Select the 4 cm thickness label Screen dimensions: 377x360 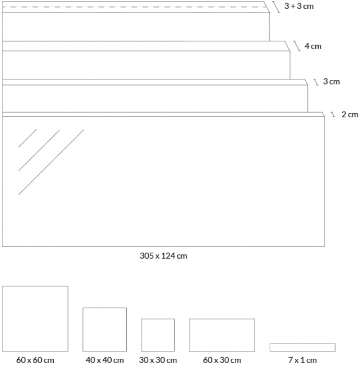pyautogui.click(x=313, y=46)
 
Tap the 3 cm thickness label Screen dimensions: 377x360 pyautogui.click(x=331, y=81)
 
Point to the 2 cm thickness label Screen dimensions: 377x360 pyautogui.click(x=350, y=114)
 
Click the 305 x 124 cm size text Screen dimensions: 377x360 pyautogui.click(x=163, y=256)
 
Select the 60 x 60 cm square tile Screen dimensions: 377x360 pyautogui.click(x=35, y=319)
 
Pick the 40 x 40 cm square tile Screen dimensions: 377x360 pyautogui.click(x=104, y=329)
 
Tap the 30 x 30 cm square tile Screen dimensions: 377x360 pyautogui.click(x=158, y=335)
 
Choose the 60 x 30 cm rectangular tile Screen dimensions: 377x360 pyautogui.click(x=222, y=335)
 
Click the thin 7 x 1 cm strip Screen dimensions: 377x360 pyautogui.click(x=303, y=347)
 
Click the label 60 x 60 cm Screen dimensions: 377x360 pyautogui.click(x=35, y=360)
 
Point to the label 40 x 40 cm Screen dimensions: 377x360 pyautogui.click(x=105, y=360)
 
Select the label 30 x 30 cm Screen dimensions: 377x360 pyautogui.click(x=158, y=360)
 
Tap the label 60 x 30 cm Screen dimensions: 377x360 pyautogui.click(x=222, y=360)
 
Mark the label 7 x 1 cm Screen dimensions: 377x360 pyautogui.click(x=303, y=360)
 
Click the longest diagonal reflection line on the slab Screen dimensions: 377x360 pyautogui.click(x=51, y=162)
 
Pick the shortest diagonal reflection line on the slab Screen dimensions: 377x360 pyautogui.click(x=28, y=138)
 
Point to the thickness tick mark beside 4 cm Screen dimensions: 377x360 pyautogui.click(x=297, y=46)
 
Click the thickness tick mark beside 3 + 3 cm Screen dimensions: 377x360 pyautogui.click(x=277, y=7)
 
